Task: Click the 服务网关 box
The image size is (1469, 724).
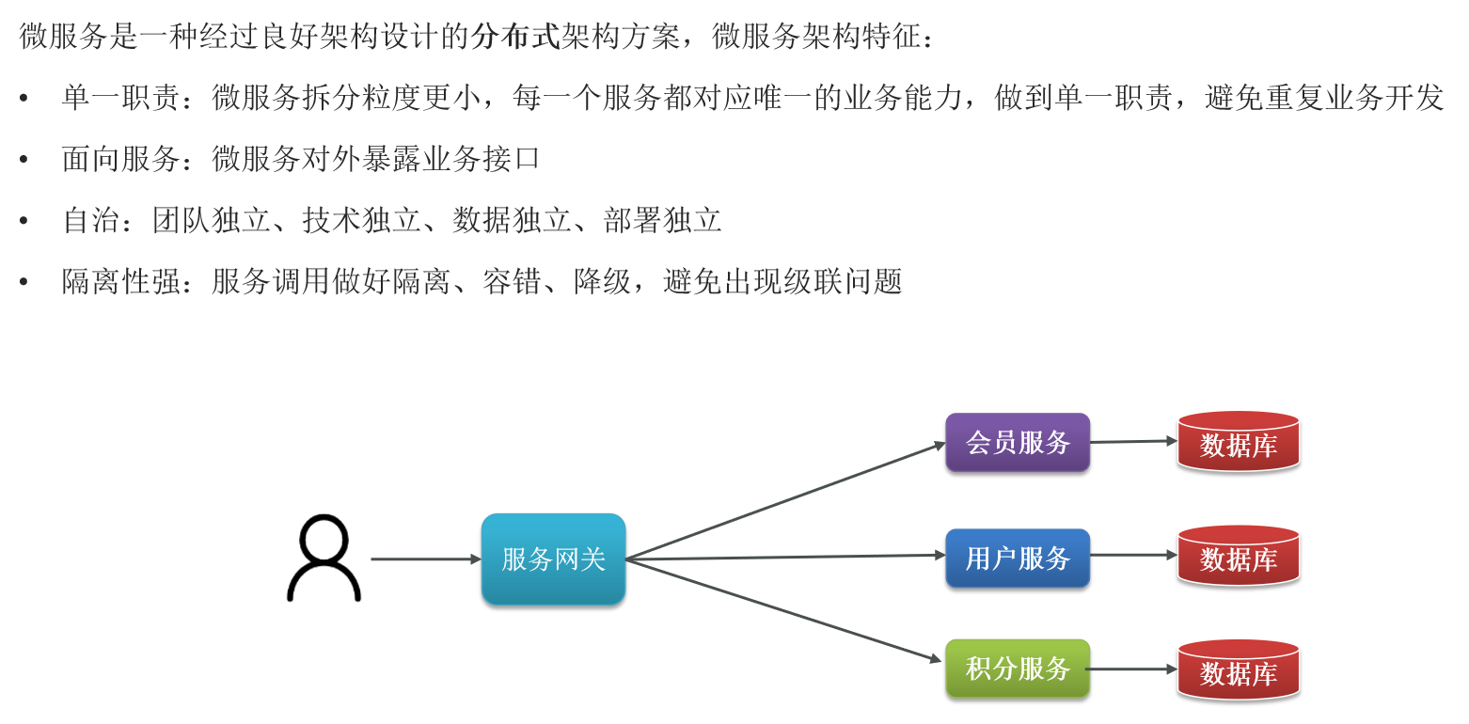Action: [553, 559]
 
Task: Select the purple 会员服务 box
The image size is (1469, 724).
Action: [1018, 442]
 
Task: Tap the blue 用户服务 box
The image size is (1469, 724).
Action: [1018, 559]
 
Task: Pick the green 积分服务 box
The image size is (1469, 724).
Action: [1018, 669]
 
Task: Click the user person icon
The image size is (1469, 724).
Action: [324, 559]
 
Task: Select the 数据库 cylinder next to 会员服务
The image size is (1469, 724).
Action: [1238, 442]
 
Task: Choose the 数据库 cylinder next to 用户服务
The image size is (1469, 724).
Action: [1238, 557]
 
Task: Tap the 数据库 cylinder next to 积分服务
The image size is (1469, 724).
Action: [1238, 670]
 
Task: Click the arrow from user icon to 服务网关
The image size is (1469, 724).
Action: [425, 559]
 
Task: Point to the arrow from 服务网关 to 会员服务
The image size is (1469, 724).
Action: [785, 500]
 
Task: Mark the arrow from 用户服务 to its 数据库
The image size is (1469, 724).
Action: [1132, 555]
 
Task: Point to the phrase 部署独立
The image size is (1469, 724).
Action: [663, 221]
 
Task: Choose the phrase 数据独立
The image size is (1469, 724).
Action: [512, 221]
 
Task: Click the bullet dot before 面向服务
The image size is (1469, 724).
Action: [24, 160]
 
